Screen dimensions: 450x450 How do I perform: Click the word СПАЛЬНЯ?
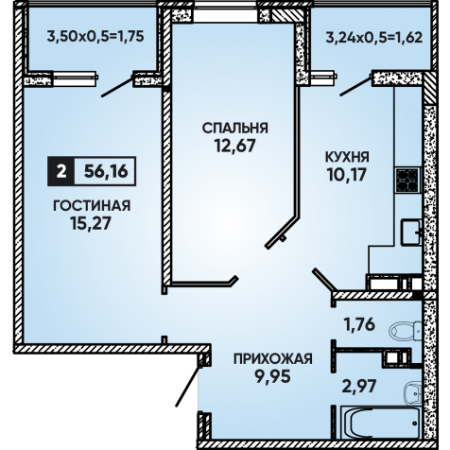(x=234, y=129)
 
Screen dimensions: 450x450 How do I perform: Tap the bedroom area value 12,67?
(x=234, y=146)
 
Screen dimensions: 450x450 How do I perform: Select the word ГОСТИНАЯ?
(x=92, y=206)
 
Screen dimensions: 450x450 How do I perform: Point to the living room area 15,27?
(x=91, y=223)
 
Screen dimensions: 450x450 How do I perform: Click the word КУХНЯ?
(x=347, y=157)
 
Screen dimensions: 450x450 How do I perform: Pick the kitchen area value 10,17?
(x=347, y=174)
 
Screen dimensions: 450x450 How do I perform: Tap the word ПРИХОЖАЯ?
(x=273, y=358)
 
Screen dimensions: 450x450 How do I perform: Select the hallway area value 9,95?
(x=272, y=376)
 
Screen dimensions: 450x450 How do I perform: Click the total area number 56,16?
(x=106, y=172)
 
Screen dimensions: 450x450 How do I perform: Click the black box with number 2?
(x=61, y=171)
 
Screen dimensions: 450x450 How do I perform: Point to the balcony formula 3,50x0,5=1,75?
(x=95, y=36)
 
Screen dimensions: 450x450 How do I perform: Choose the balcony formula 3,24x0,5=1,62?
(x=374, y=38)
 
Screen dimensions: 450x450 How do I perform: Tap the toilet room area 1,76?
(x=359, y=324)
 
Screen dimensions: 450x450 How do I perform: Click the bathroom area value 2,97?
(x=359, y=386)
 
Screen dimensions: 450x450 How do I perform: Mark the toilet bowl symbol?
(x=406, y=331)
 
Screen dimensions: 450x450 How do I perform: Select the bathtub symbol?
(x=380, y=423)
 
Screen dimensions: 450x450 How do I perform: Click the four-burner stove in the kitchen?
(x=407, y=180)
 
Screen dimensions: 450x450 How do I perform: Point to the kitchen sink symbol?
(x=411, y=233)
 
